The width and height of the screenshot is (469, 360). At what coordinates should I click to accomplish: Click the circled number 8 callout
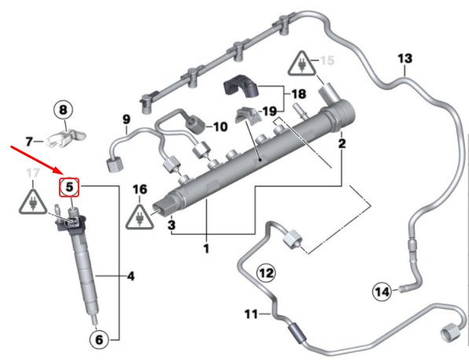(x=63, y=110)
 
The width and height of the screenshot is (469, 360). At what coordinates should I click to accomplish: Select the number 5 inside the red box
(x=69, y=187)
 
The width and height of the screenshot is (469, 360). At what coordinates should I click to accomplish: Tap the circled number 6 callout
(x=99, y=340)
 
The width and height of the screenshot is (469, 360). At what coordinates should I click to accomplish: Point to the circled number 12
(x=266, y=273)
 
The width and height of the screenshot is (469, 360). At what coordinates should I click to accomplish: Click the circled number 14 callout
(x=382, y=292)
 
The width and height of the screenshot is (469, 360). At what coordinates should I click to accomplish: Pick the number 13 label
(x=405, y=58)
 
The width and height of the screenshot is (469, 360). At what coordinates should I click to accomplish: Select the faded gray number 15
(x=328, y=61)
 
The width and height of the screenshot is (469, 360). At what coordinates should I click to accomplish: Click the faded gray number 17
(x=33, y=173)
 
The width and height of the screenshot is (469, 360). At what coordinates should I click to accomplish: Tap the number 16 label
(x=140, y=189)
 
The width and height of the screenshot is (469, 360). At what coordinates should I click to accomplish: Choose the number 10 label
(x=220, y=127)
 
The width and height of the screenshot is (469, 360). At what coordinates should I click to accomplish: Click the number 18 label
(x=299, y=94)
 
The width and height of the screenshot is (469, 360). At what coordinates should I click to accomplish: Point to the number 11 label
(x=251, y=314)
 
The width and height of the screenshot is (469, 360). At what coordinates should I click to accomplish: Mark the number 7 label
(x=29, y=141)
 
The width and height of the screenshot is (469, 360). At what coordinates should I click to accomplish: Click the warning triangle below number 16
(x=139, y=217)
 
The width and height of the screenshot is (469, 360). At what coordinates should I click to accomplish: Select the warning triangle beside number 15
(x=302, y=64)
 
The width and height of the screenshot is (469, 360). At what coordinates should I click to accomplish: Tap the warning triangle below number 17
(x=33, y=202)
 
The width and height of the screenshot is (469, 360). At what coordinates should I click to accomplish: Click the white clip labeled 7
(x=67, y=138)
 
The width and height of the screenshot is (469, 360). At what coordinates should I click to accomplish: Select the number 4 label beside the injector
(x=130, y=276)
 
